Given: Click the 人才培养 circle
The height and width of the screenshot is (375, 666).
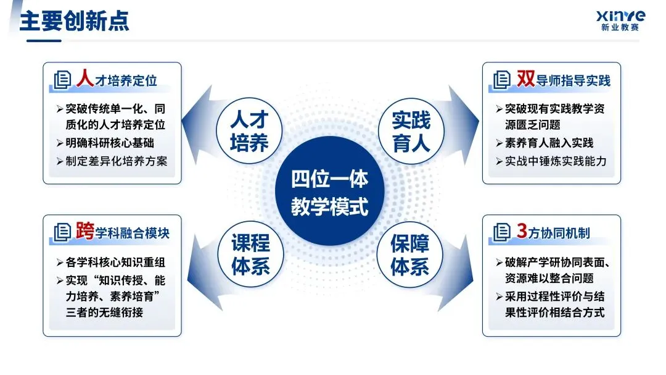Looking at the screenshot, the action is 250,131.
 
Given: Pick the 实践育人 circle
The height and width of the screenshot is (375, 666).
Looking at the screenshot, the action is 411,131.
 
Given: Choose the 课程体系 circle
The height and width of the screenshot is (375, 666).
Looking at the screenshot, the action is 250,254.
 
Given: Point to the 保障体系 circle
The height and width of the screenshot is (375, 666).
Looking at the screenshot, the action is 411,254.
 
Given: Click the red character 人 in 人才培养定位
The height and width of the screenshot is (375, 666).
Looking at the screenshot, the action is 84,78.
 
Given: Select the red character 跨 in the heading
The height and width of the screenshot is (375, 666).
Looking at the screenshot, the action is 84,231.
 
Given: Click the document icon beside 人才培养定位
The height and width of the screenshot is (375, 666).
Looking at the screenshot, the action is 62,80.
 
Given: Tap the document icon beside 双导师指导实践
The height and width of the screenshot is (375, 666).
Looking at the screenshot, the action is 501,80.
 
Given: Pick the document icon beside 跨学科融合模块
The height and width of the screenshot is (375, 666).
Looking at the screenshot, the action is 62,232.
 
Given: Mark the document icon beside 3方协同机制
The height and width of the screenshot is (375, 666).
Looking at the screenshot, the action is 501,232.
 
